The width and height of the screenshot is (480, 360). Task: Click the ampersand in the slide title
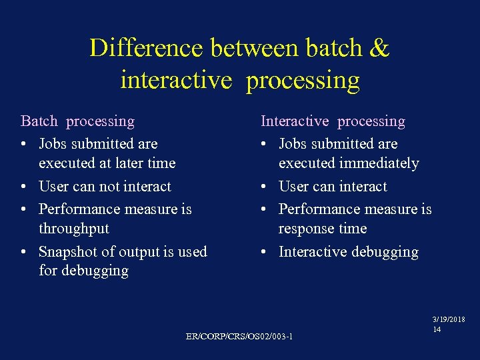(x=378, y=49)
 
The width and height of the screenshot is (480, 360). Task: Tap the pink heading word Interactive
(x=295, y=121)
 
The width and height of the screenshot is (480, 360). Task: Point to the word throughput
(x=74, y=229)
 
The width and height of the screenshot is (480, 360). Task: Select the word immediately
(x=379, y=163)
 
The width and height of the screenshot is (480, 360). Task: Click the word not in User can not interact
(x=108, y=187)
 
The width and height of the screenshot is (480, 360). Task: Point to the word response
(x=307, y=229)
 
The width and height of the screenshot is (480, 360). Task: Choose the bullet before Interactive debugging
(x=265, y=252)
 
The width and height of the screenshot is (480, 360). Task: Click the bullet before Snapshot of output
(x=25, y=252)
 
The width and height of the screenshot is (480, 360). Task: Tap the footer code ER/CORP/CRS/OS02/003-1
(x=239, y=336)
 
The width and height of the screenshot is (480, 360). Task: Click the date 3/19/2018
(x=449, y=320)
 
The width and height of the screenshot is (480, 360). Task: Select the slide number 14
(x=437, y=329)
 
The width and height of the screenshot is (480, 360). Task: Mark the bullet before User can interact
(x=265, y=187)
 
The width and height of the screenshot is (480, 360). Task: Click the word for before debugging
(x=49, y=271)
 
